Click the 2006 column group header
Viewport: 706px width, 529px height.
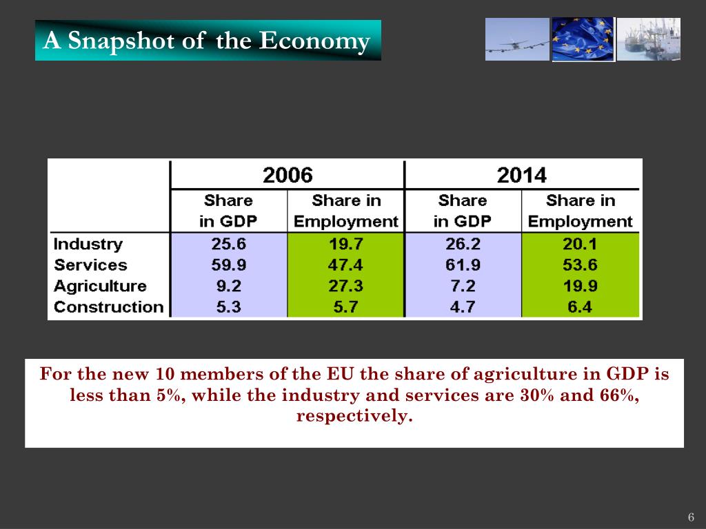(288, 175)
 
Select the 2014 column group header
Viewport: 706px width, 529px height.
(521, 175)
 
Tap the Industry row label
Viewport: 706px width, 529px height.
(88, 244)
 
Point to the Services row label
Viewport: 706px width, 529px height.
(90, 264)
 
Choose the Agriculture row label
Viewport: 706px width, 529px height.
(100, 286)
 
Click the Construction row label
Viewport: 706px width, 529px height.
(109, 307)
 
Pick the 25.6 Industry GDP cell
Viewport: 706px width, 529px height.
(228, 244)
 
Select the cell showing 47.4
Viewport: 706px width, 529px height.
(345, 264)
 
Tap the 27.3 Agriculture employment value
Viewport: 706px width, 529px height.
(345, 286)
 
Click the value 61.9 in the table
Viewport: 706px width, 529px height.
(463, 264)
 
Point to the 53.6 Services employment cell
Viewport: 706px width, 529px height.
(580, 264)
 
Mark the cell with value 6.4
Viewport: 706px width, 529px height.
(580, 307)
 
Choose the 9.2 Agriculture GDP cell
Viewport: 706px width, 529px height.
(228, 286)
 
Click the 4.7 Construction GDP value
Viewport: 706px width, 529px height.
(463, 307)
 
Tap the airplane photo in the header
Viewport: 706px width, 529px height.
(517, 39)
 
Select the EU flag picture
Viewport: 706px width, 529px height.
(583, 39)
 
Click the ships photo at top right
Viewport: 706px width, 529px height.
(649, 39)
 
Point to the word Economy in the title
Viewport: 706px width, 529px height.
(314, 41)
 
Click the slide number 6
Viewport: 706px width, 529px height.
(690, 517)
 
